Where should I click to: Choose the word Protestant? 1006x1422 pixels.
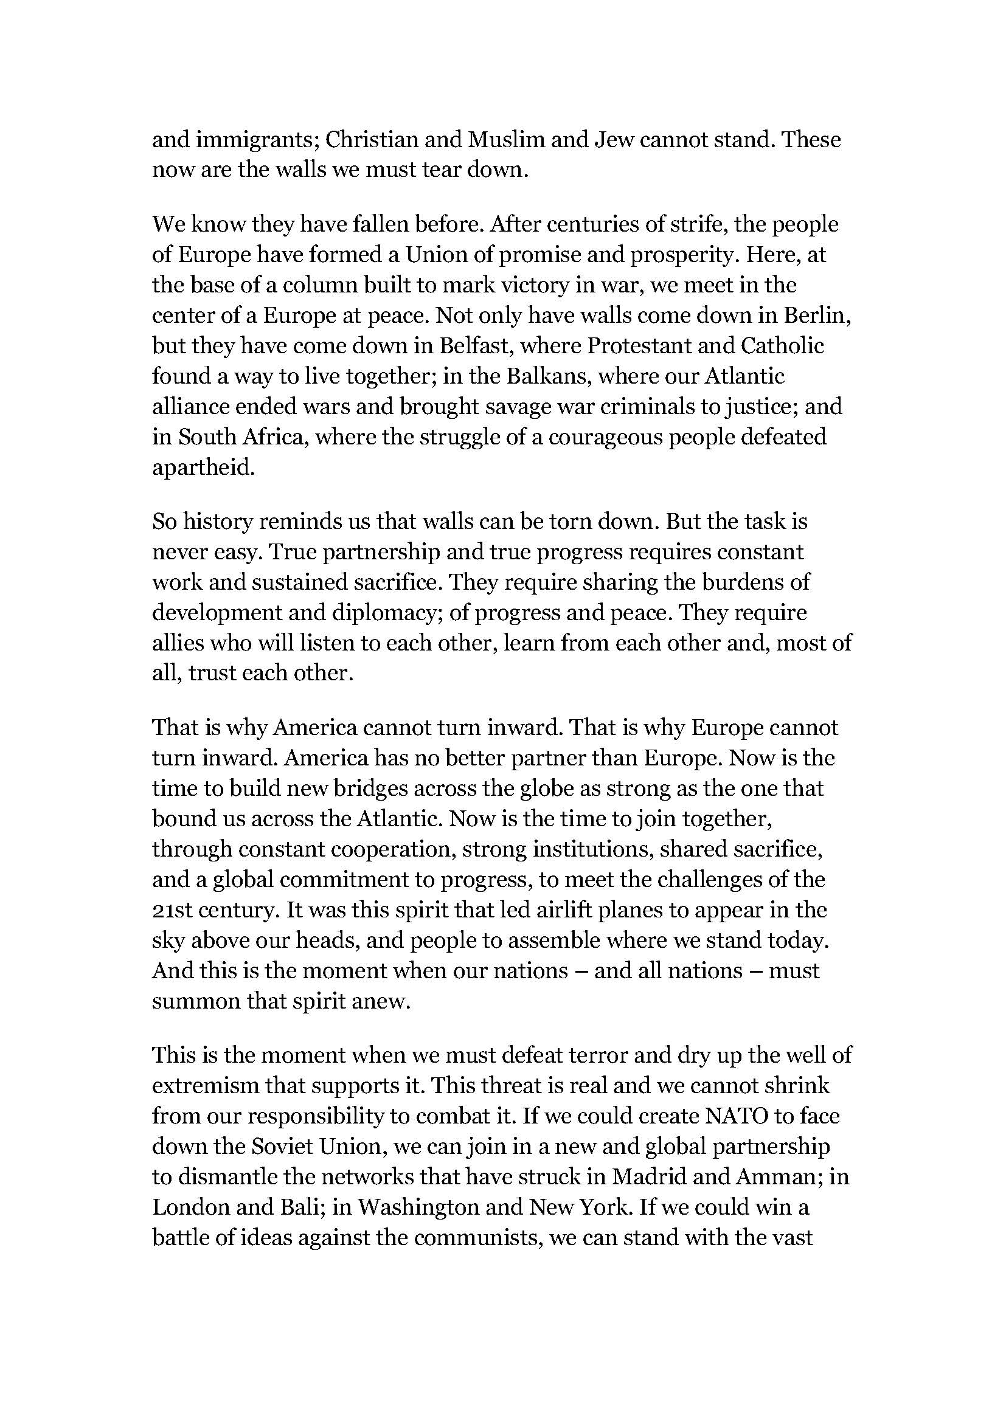pyautogui.click(x=638, y=345)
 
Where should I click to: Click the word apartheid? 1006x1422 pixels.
pyautogui.click(x=203, y=468)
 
